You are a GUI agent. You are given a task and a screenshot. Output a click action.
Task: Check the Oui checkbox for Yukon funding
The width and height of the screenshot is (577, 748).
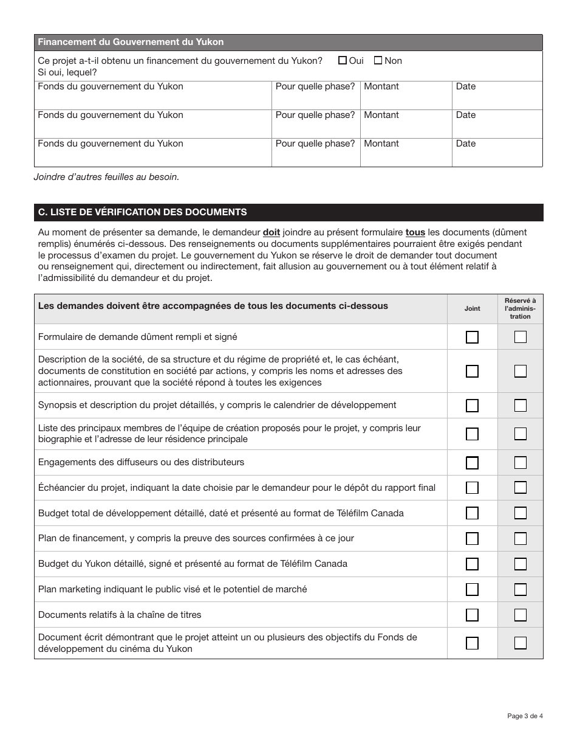click(x=343, y=60)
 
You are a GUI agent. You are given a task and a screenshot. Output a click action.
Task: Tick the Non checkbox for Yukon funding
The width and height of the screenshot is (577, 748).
click(x=378, y=60)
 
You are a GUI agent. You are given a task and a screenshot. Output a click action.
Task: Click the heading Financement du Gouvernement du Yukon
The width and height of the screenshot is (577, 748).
click(x=131, y=42)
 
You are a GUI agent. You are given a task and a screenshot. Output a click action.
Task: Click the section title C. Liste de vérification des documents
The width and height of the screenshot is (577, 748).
click(x=142, y=212)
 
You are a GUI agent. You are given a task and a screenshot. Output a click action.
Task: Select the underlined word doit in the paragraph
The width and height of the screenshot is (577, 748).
click(x=271, y=232)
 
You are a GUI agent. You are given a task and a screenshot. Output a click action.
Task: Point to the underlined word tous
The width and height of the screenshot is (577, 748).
click(x=415, y=232)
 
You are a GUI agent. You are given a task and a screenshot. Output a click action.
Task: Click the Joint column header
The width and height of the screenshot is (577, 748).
click(x=472, y=308)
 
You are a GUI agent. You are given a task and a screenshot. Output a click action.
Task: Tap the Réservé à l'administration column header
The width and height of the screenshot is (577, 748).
click(x=521, y=308)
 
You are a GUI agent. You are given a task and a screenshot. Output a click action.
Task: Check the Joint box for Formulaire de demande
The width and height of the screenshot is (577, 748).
click(x=472, y=337)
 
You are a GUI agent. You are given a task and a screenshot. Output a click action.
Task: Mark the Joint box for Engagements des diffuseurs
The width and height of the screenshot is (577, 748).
click(x=472, y=463)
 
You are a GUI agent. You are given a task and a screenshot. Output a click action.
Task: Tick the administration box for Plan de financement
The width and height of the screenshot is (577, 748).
click(x=521, y=538)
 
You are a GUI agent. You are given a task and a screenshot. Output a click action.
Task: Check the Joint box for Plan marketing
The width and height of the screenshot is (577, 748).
click(x=472, y=589)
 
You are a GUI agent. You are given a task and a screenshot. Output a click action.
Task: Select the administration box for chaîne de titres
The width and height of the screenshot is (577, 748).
click(x=521, y=615)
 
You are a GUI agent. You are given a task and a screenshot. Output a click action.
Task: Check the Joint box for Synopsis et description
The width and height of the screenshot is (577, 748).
click(x=472, y=406)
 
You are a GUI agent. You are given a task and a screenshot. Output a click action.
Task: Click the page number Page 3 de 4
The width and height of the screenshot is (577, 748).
click(x=525, y=716)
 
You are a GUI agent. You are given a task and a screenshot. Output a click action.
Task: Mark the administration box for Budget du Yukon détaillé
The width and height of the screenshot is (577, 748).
click(x=521, y=564)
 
